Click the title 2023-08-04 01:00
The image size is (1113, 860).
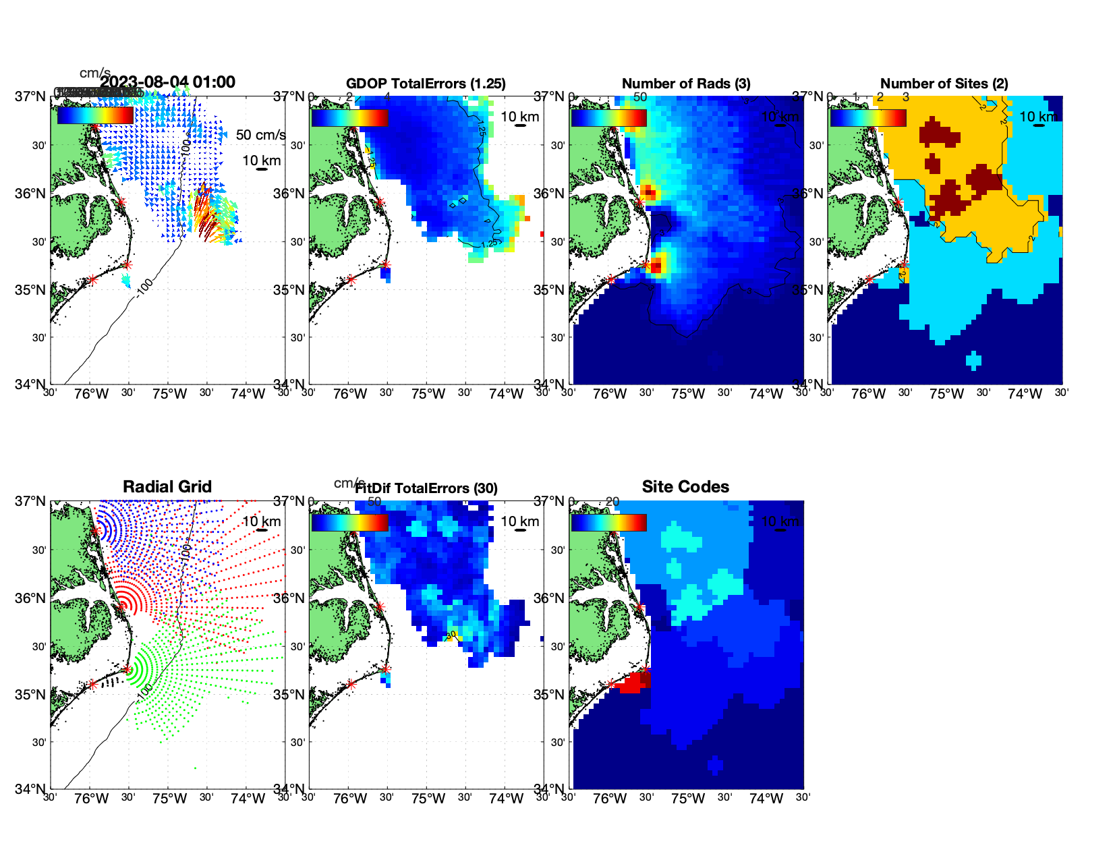(x=167, y=82)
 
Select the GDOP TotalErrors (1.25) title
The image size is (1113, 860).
(x=426, y=84)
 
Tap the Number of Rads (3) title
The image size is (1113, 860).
(x=685, y=84)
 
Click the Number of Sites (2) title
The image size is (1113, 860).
(x=944, y=84)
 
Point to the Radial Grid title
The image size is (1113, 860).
(x=167, y=487)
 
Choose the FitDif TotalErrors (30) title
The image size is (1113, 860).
(x=426, y=488)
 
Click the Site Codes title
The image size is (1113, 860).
(x=685, y=487)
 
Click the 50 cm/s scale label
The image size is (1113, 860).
(x=260, y=135)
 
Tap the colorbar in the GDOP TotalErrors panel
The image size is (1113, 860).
(x=350, y=117)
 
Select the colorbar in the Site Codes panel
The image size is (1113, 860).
(x=608, y=522)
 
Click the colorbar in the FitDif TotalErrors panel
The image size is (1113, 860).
(x=350, y=522)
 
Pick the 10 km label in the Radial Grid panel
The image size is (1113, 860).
(x=261, y=521)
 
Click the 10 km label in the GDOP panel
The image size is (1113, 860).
(x=519, y=117)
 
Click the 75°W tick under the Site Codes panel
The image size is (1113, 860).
(x=687, y=799)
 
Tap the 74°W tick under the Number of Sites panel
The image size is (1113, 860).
(x=1025, y=395)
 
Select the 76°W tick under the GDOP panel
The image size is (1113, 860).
(x=350, y=395)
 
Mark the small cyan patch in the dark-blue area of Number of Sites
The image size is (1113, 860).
(x=973, y=360)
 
